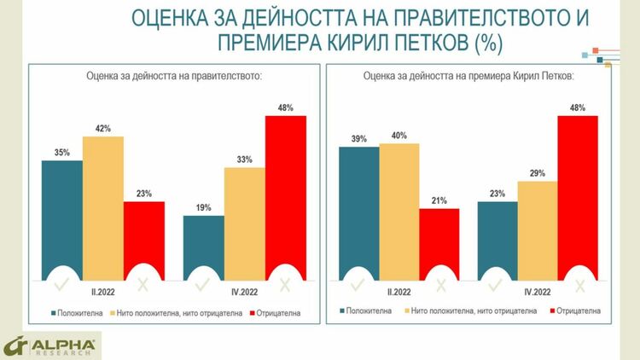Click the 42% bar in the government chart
click(x=102, y=205)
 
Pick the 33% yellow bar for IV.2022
click(x=245, y=222)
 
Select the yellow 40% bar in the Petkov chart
click(x=399, y=210)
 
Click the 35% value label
click(x=61, y=153)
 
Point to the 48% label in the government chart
click(x=285, y=107)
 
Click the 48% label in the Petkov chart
click(x=578, y=107)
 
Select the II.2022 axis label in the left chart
click(x=102, y=290)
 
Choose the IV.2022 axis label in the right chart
click(x=538, y=290)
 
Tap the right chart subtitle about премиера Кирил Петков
click(x=468, y=76)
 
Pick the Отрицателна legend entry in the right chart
click(x=579, y=311)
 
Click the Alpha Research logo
click(x=51, y=345)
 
